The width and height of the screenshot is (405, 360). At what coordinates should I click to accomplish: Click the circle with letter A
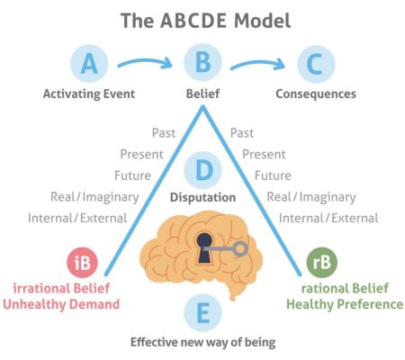(89, 63)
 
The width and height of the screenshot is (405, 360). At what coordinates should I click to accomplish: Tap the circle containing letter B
(202, 62)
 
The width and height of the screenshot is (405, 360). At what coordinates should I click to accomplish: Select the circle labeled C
(316, 64)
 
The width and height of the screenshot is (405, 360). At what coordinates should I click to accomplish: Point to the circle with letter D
(202, 170)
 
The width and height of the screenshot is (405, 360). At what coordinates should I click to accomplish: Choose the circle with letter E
(202, 313)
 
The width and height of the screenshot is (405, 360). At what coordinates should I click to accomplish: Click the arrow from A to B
(144, 60)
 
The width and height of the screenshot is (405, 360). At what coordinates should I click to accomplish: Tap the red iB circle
(82, 263)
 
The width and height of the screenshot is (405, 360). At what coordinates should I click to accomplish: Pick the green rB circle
(322, 262)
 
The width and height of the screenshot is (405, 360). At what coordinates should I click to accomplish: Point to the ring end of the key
(240, 248)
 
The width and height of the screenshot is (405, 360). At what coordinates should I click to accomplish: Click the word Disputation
(202, 197)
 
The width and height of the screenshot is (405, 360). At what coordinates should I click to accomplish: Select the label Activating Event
(89, 94)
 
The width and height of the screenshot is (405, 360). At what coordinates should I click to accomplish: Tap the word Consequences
(316, 94)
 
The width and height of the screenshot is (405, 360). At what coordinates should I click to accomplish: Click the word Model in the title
(262, 21)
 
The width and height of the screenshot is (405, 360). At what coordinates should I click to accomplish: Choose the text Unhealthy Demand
(61, 304)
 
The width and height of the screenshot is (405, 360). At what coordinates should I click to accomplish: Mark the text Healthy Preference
(345, 304)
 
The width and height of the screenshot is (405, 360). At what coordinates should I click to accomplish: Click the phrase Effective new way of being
(203, 342)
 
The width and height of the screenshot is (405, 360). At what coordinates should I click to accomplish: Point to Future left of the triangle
(132, 175)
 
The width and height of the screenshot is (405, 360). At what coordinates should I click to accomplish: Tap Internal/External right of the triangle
(328, 218)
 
